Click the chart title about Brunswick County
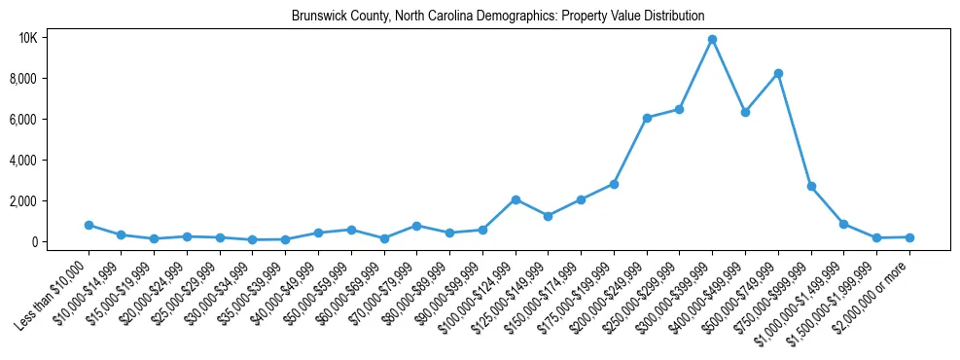pyautogui.click(x=498, y=17)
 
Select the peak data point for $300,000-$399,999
pyautogui.click(x=712, y=40)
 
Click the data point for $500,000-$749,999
pyautogui.click(x=778, y=74)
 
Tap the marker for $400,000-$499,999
pyautogui.click(x=745, y=113)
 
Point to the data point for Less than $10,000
pyautogui.click(x=89, y=225)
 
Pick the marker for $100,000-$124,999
pyautogui.click(x=516, y=199)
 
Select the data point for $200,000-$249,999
pyautogui.click(x=647, y=118)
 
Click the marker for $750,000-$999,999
pyautogui.click(x=811, y=186)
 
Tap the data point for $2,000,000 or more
pyautogui.click(x=909, y=237)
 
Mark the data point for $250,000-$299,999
pyautogui.click(x=680, y=109)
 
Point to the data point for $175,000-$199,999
pyautogui.click(x=614, y=184)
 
